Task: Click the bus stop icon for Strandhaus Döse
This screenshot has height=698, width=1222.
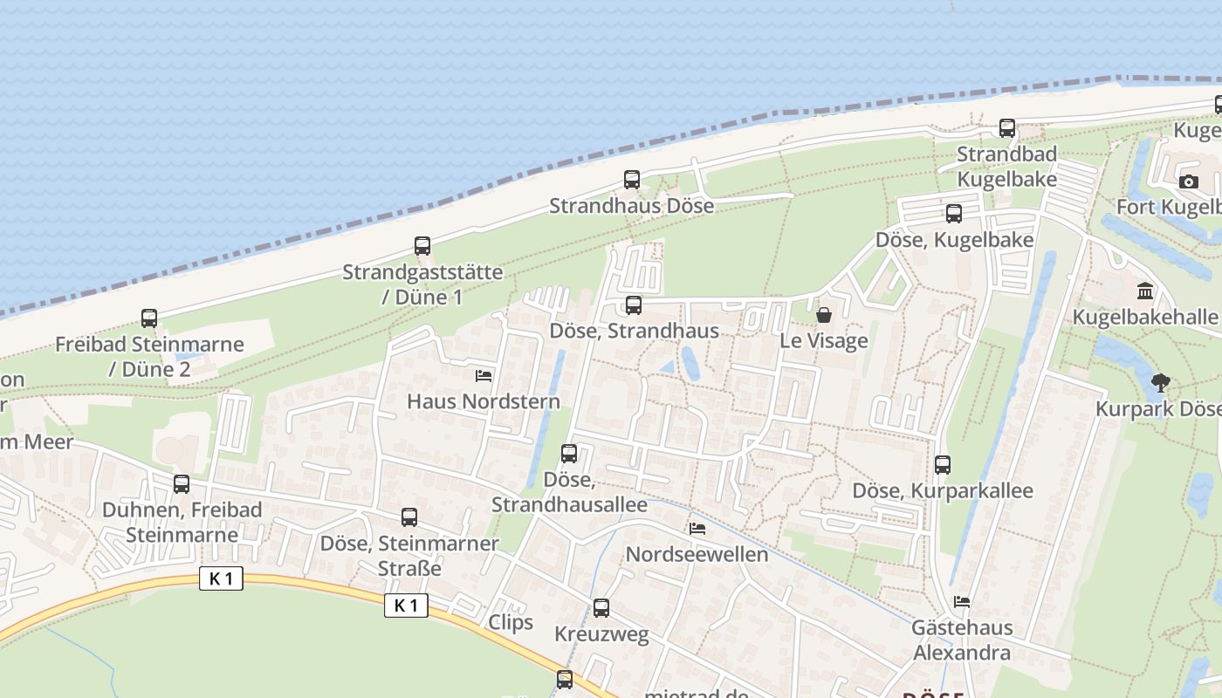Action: (632, 181)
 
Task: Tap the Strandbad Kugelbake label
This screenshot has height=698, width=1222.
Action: (1006, 166)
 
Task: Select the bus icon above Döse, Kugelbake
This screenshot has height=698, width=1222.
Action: (954, 214)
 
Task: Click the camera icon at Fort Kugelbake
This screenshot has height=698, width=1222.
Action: (1188, 181)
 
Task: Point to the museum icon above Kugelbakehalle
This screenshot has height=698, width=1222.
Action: (1145, 291)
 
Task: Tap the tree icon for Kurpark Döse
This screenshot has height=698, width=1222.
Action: (1160, 382)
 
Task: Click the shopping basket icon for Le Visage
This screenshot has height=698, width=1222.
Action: (823, 315)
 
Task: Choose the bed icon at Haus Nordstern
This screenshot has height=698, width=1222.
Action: (484, 376)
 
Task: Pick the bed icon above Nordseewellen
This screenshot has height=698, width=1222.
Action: (697, 529)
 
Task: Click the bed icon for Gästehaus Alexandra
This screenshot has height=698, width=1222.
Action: (962, 602)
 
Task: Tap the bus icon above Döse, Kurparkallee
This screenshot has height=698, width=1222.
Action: (943, 465)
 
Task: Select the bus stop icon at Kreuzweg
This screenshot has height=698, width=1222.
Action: (601, 608)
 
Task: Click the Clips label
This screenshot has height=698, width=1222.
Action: (511, 622)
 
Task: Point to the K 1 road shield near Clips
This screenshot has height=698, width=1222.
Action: (406, 606)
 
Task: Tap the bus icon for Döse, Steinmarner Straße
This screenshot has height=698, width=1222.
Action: (409, 517)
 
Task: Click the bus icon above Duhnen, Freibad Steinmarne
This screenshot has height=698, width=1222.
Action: (182, 483)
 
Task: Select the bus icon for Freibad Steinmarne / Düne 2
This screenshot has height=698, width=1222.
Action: (149, 318)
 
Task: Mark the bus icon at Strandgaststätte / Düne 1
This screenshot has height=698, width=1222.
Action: (422, 246)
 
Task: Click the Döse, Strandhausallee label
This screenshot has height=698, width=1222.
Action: (569, 492)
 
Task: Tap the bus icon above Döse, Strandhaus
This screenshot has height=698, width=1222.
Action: (634, 305)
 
